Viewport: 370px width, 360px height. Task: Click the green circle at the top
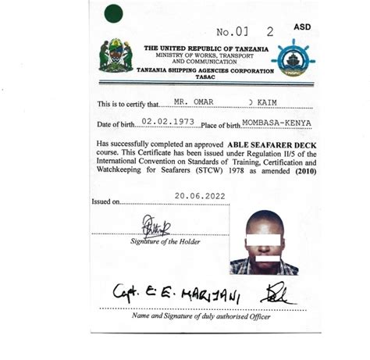click(x=114, y=12)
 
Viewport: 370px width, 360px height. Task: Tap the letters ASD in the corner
click(x=301, y=27)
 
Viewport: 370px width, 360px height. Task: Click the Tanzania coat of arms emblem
click(x=116, y=55)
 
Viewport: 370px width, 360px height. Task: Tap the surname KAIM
click(x=276, y=103)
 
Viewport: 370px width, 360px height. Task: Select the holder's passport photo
click(x=264, y=242)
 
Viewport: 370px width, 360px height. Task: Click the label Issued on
click(x=106, y=201)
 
